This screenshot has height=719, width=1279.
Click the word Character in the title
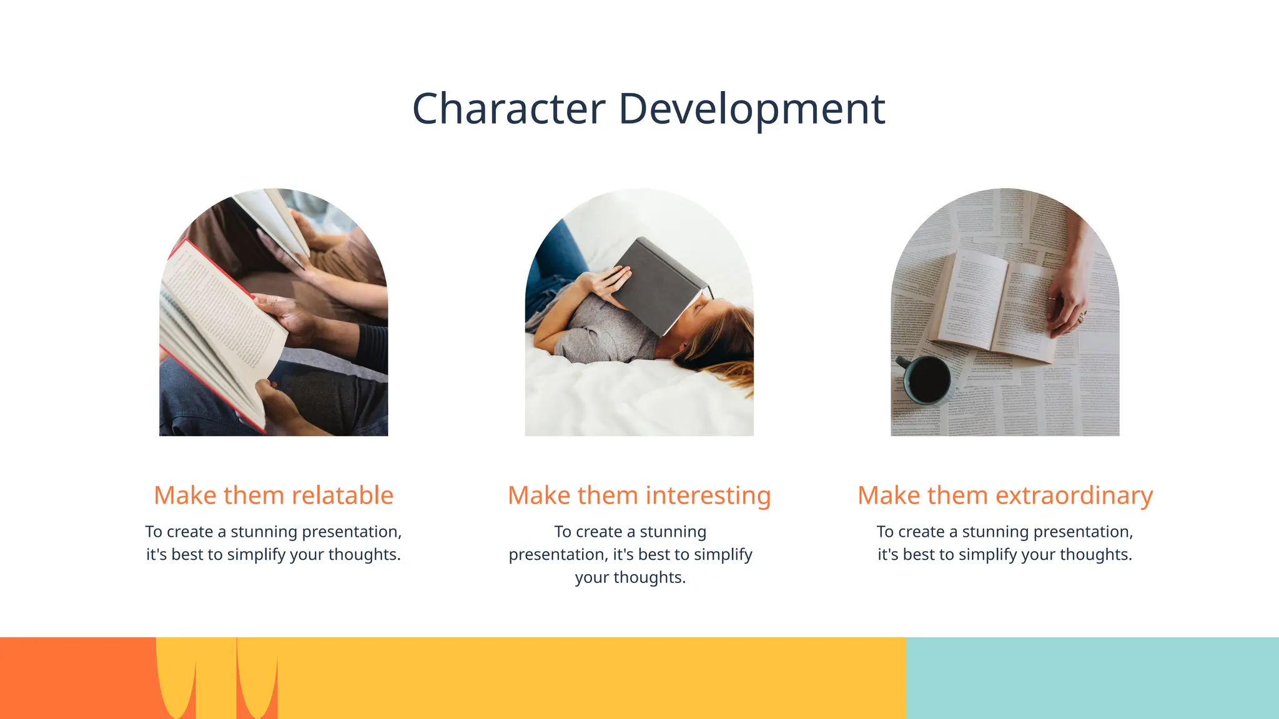point(508,109)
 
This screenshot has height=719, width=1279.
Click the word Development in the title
point(751,109)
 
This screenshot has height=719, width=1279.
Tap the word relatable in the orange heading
point(342,496)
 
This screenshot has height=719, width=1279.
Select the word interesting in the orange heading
point(708,496)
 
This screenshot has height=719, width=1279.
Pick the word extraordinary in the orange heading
point(1074,496)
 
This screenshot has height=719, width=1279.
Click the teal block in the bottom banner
point(1092,678)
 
